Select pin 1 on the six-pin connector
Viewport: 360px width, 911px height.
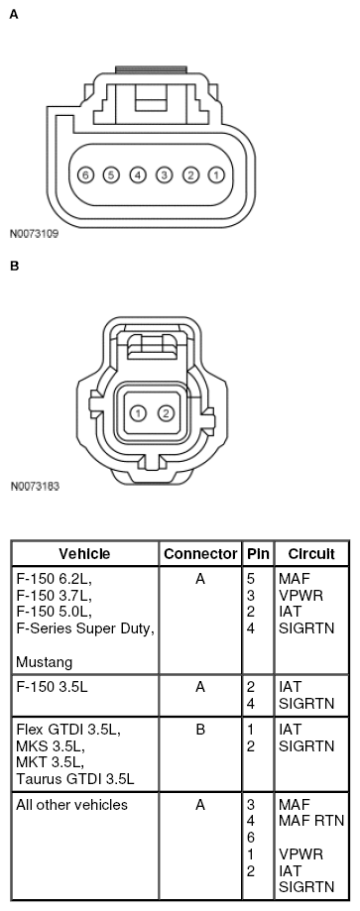(214, 174)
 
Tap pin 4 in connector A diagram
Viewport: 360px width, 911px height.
(137, 174)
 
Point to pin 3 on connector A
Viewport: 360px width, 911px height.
(163, 174)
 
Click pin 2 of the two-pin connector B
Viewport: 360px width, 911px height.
(167, 412)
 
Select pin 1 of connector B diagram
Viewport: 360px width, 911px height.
(140, 412)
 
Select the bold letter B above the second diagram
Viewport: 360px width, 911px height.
(13, 266)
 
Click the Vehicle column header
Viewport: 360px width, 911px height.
(84, 553)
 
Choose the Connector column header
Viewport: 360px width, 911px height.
(200, 553)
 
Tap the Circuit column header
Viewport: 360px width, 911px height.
(310, 553)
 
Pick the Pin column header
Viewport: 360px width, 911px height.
(257, 553)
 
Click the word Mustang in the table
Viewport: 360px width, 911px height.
(42, 659)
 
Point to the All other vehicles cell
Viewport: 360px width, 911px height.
(72, 805)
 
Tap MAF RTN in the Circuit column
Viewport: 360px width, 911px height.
(308, 821)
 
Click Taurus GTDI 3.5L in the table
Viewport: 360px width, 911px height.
(75, 778)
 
